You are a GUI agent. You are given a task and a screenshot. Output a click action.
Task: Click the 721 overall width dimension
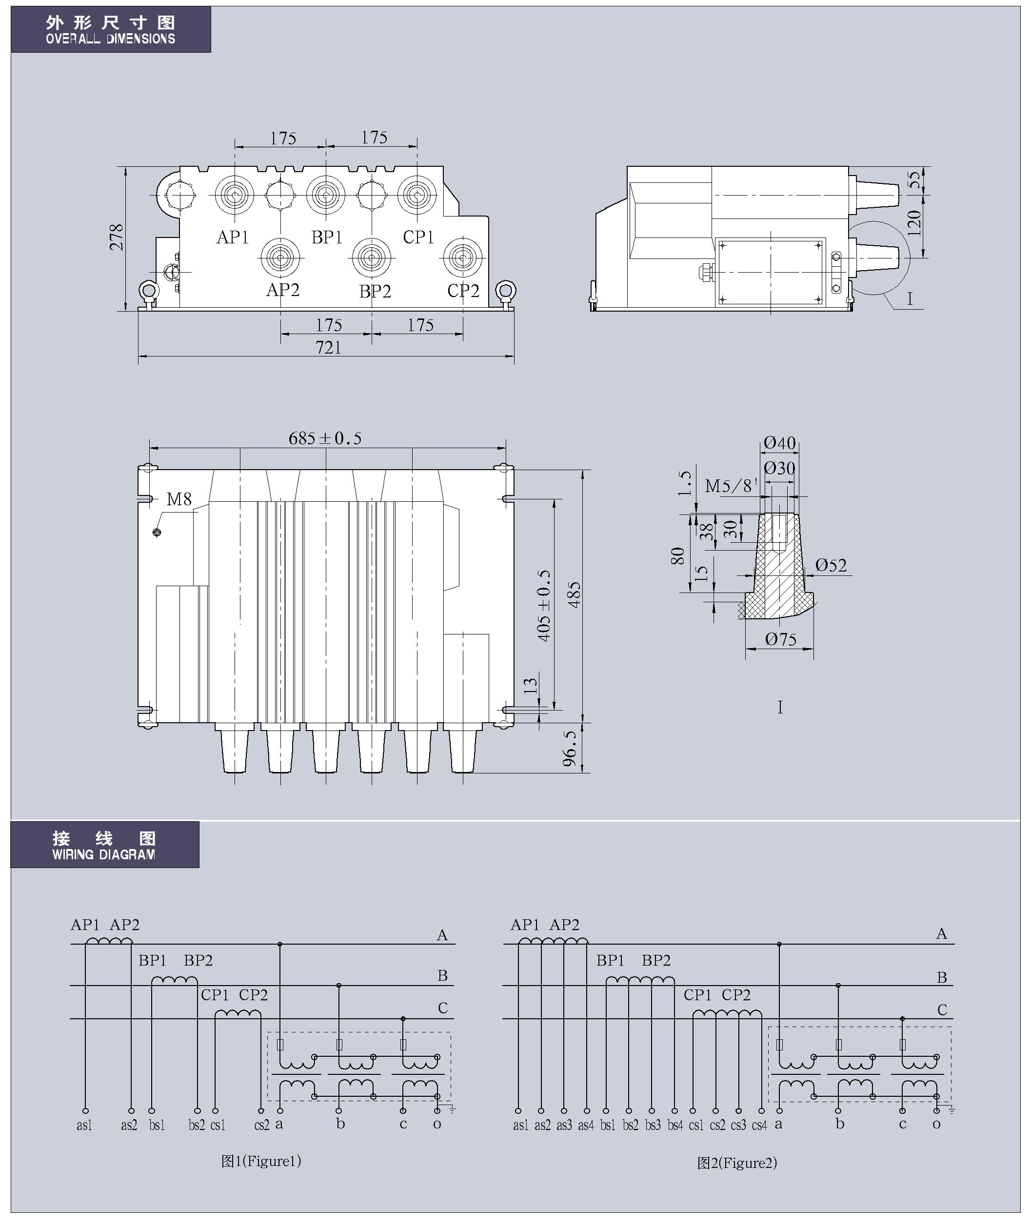(329, 348)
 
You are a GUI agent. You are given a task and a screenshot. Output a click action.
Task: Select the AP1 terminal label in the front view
(233, 237)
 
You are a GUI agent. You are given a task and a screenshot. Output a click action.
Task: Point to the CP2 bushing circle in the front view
(462, 257)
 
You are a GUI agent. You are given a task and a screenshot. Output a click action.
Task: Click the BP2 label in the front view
(375, 291)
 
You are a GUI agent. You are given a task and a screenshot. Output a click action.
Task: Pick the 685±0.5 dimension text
(325, 438)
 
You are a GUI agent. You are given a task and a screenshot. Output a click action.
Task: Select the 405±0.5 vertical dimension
(544, 605)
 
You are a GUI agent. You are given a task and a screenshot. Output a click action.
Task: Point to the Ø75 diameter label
(781, 639)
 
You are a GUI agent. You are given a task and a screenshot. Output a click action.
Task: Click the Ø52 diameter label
(831, 565)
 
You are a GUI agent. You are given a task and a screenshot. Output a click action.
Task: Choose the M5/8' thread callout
(731, 486)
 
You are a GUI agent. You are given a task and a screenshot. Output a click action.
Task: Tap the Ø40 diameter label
(780, 443)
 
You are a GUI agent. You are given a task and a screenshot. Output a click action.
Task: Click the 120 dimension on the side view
(914, 223)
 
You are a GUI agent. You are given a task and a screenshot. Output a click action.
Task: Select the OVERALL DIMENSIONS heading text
(110, 39)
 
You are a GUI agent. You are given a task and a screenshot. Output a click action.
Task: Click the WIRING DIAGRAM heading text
(103, 854)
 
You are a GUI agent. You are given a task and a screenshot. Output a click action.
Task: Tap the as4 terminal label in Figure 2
(586, 1126)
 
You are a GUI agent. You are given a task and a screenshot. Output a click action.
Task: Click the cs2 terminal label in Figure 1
(262, 1126)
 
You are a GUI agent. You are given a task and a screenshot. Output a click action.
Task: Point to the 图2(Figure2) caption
(737, 1163)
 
